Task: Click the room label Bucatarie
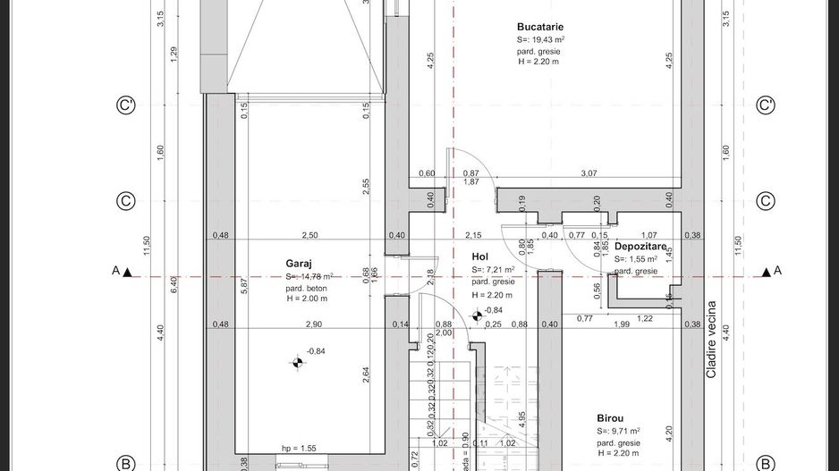click(540, 27)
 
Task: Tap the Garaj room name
click(299, 264)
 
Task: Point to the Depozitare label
click(640, 246)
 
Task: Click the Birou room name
click(610, 417)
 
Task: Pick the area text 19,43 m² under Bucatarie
click(540, 40)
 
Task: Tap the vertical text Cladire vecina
click(712, 340)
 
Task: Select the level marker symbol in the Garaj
click(297, 362)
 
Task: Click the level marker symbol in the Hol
click(477, 313)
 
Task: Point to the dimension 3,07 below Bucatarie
click(589, 173)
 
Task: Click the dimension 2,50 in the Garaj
click(309, 235)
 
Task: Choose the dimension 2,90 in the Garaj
click(313, 324)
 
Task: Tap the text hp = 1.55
click(299, 448)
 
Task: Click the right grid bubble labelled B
click(766, 463)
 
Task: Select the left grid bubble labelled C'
click(126, 105)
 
